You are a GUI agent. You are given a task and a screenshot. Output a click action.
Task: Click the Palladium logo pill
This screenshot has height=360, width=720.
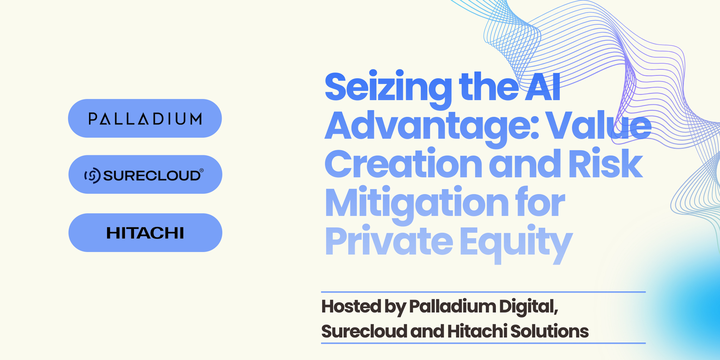145,118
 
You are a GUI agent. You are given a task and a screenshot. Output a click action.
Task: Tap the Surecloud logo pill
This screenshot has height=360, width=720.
145,174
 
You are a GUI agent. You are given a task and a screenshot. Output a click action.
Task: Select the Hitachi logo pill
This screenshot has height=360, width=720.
145,233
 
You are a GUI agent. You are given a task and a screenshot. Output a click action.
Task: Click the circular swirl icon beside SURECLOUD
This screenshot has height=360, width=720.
92,175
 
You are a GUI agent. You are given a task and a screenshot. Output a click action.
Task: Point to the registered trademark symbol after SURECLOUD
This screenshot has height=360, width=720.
201,170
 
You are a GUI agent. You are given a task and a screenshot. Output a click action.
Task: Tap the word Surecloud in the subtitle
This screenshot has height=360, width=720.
364,331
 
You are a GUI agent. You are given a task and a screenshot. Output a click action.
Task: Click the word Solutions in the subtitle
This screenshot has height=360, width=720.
549,331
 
